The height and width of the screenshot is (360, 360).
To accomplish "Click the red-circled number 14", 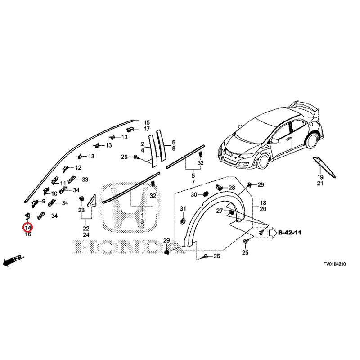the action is click(x=28, y=228).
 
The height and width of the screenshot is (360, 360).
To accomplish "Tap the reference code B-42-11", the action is click(x=290, y=233).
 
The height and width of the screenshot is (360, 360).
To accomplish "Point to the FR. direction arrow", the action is click(x=13, y=261).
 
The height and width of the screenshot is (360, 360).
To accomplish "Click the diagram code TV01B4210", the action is click(x=334, y=264).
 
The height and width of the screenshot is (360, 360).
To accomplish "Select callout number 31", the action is click(x=183, y=209).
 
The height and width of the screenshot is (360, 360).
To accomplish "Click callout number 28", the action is click(x=232, y=188).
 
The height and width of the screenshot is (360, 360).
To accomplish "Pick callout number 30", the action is click(x=194, y=195).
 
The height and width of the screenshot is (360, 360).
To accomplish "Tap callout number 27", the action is click(x=220, y=211).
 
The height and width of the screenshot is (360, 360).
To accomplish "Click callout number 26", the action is click(x=124, y=157).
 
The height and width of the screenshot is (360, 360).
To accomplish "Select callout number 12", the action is click(x=78, y=167).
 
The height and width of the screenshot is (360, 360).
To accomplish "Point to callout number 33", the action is click(x=85, y=180).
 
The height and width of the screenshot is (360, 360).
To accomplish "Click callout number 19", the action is click(x=320, y=177).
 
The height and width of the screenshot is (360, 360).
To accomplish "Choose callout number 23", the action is click(x=81, y=210).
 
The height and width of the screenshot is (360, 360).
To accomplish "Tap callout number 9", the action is click(x=44, y=202).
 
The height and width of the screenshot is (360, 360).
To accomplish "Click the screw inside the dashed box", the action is click(x=261, y=233).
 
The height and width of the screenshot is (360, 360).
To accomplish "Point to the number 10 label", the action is click(x=54, y=193).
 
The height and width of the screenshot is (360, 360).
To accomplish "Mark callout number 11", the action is click(x=63, y=184).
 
